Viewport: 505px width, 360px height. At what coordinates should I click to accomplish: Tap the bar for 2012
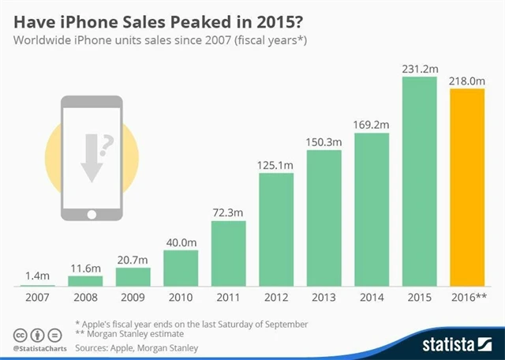coord(276,229)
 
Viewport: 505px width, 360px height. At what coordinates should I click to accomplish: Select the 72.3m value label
coord(229,211)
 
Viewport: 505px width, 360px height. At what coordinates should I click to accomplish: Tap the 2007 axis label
coord(37,298)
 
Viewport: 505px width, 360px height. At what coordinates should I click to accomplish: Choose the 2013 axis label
coord(324,298)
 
